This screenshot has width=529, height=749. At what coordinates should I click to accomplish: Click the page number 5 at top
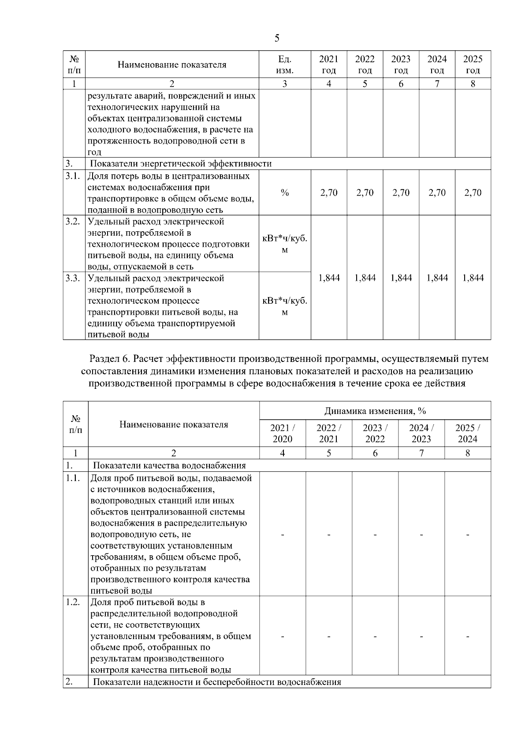pos(276,38)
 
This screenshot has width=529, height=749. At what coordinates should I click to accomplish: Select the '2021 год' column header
pos(329,65)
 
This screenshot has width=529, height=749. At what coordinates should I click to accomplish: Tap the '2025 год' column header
pos(473,65)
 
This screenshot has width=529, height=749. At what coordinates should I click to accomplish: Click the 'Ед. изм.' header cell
pos(285,65)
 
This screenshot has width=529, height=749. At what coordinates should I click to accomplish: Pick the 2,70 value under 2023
pos(401,193)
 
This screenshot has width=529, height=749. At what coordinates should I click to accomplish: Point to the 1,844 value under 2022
pos(365,278)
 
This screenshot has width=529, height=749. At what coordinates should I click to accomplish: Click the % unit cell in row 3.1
pos(285,193)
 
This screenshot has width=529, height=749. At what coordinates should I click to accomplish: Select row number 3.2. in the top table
pos(73,222)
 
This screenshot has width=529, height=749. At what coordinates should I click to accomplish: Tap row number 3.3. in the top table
pos(73,278)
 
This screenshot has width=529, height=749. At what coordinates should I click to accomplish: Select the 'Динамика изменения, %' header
pos(375,411)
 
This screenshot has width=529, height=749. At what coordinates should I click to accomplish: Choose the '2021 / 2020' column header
pos(283,433)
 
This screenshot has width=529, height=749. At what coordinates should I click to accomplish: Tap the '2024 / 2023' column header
pos(421,433)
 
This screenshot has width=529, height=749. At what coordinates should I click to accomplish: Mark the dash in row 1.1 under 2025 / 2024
pos(468,535)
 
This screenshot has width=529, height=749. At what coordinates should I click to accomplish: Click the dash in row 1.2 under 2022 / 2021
pos(329,636)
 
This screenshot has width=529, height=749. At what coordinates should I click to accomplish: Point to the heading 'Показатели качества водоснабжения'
pos(169,466)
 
